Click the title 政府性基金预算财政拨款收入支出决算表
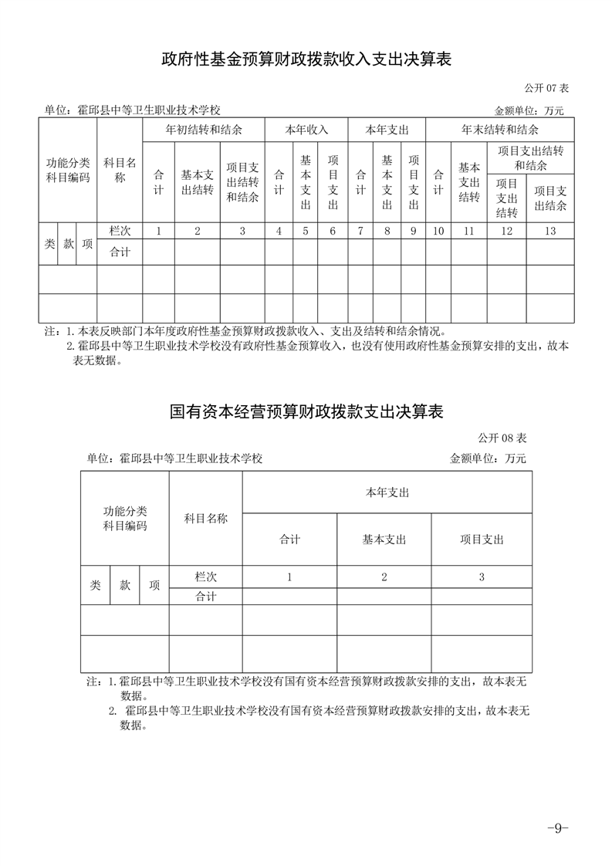point(306,59)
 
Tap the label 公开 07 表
point(547,87)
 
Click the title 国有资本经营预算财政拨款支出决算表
point(306,412)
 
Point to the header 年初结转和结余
point(204,130)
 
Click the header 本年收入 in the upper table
point(306,130)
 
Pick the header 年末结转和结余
point(500,130)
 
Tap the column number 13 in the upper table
point(550,230)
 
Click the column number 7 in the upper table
point(360,230)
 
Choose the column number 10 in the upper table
point(438,230)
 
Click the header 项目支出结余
point(550,198)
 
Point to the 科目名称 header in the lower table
point(205,518)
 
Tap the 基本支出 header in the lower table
point(384,540)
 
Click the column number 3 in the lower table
point(482,577)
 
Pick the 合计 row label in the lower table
point(205,596)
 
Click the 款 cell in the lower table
point(125,585)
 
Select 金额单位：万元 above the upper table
point(529,110)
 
